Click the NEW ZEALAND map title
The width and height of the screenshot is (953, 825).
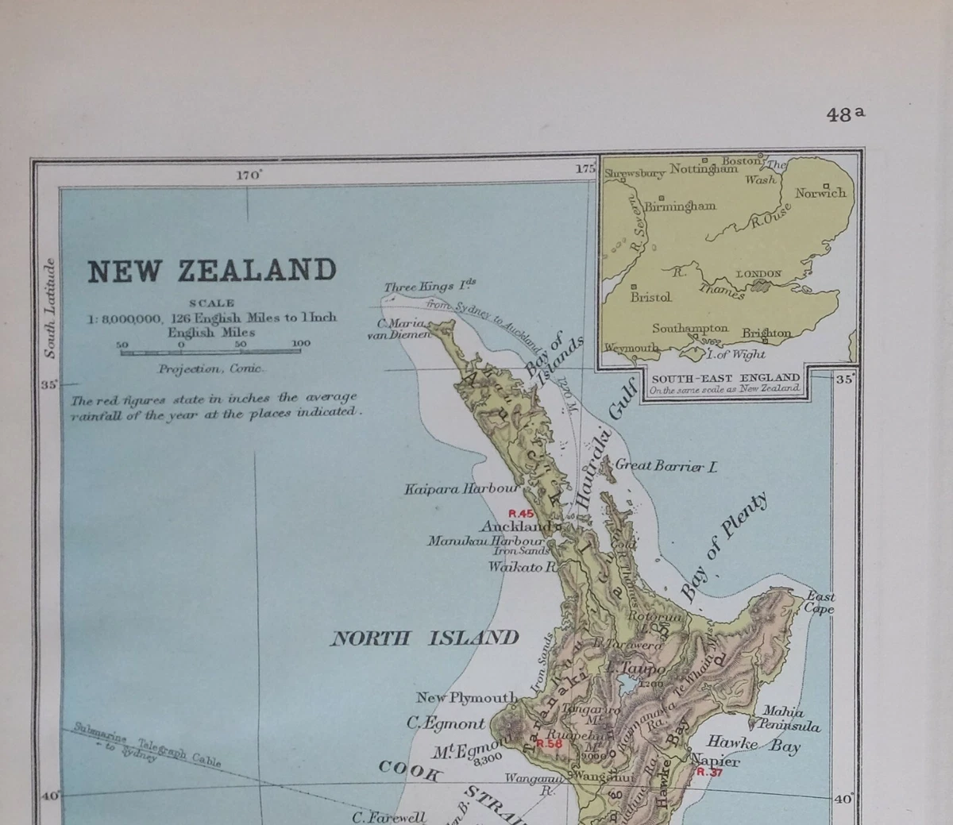pyautogui.click(x=212, y=271)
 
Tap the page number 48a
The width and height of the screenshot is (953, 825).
pyautogui.click(x=845, y=114)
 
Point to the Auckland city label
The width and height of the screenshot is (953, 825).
pyautogui.click(x=516, y=526)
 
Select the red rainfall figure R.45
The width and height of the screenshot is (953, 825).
pyautogui.click(x=521, y=513)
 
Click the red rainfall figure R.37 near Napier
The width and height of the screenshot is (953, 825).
pyautogui.click(x=709, y=772)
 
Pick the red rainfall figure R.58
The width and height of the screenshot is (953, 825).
pyautogui.click(x=549, y=744)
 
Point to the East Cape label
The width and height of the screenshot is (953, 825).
pyautogui.click(x=820, y=603)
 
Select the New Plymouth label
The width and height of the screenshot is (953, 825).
pyautogui.click(x=467, y=698)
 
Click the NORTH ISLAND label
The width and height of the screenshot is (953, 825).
pyautogui.click(x=424, y=638)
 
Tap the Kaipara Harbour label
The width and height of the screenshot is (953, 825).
pyautogui.click(x=461, y=489)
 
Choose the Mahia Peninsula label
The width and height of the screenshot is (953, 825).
pyautogui.click(x=787, y=719)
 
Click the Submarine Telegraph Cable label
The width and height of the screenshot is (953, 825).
pyautogui.click(x=147, y=743)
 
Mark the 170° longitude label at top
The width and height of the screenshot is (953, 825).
pyautogui.click(x=249, y=175)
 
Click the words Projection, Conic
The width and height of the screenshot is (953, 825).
pyautogui.click(x=211, y=368)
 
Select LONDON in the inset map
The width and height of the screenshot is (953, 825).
pyautogui.click(x=758, y=274)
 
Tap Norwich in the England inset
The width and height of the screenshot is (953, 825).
pyautogui.click(x=820, y=193)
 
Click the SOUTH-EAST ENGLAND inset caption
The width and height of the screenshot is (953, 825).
pyautogui.click(x=725, y=378)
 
